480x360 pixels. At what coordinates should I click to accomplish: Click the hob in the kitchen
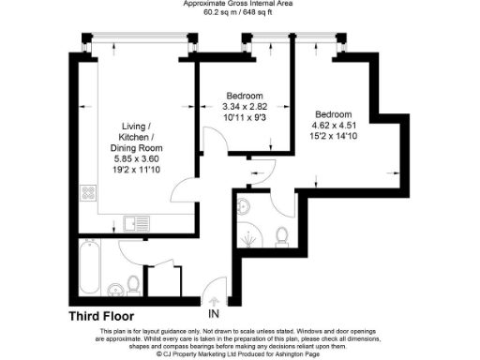click(x=91, y=194)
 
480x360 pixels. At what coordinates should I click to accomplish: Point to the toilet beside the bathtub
click(x=133, y=282)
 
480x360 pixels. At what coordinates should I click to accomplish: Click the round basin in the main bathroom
click(x=113, y=288)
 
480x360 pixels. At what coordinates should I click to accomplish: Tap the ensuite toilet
click(x=282, y=233)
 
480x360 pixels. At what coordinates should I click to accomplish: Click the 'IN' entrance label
click(x=214, y=313)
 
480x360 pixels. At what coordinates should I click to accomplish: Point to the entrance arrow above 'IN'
click(x=214, y=299)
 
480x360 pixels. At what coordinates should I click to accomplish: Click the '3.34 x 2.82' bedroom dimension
click(x=245, y=108)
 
